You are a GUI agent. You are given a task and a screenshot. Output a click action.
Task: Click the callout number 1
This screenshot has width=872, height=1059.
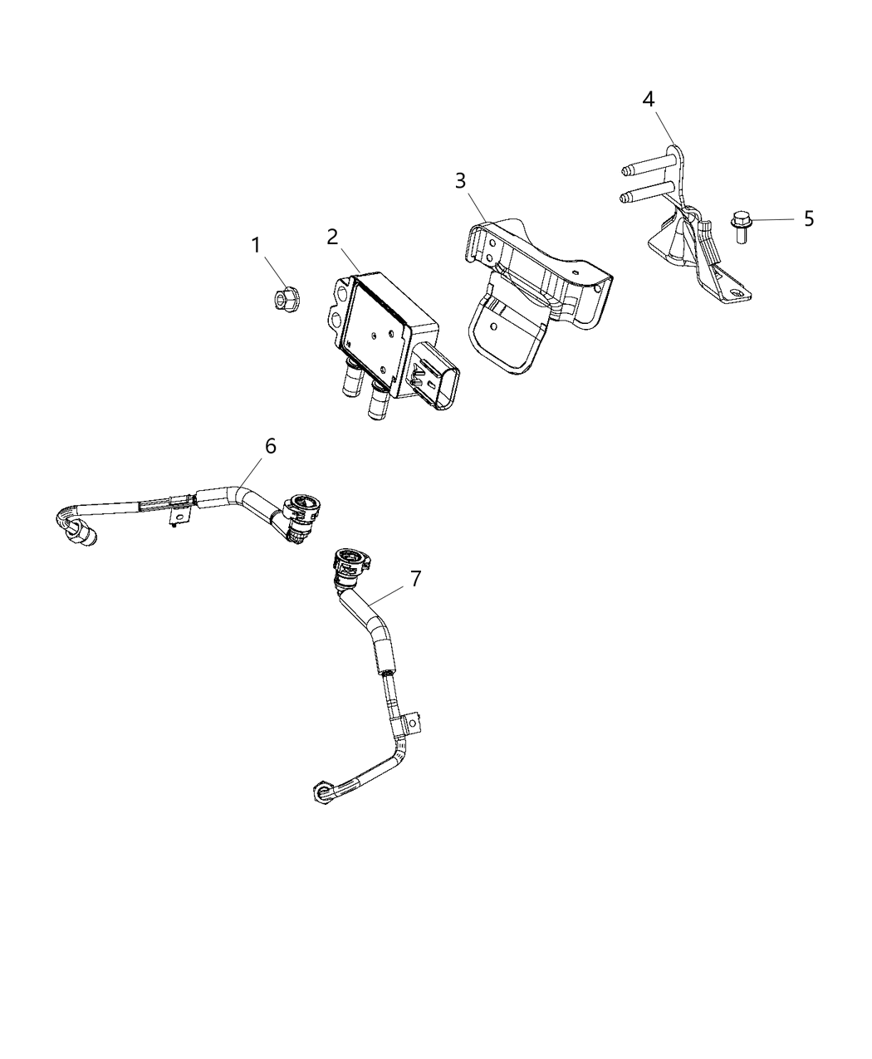coord(256,245)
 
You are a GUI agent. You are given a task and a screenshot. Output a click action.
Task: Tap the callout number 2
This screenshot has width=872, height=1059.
coord(332,237)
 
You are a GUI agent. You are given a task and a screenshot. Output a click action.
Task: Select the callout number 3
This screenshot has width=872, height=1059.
coord(460,181)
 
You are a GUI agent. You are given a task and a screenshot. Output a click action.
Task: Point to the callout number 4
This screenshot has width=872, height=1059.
coord(649,99)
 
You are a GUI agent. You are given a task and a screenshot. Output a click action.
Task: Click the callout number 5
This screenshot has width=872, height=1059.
coord(808,218)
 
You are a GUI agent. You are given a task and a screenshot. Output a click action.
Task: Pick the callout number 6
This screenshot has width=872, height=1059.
coord(270,446)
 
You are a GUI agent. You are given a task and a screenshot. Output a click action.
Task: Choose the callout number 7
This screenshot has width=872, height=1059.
coord(415,578)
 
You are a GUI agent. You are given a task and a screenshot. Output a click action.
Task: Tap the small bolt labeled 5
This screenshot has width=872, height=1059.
coord(740,226)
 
